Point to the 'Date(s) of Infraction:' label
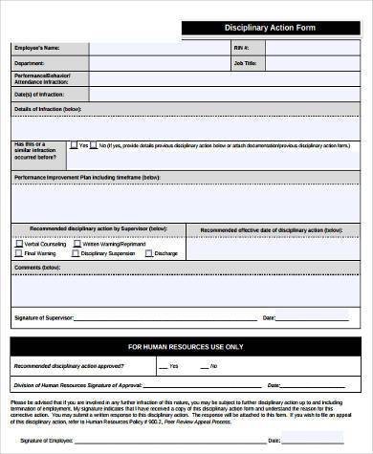39,94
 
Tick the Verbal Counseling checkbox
18,244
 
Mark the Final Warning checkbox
18,254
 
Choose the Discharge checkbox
149,254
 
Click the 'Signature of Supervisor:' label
45,317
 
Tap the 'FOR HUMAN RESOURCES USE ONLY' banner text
186,346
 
